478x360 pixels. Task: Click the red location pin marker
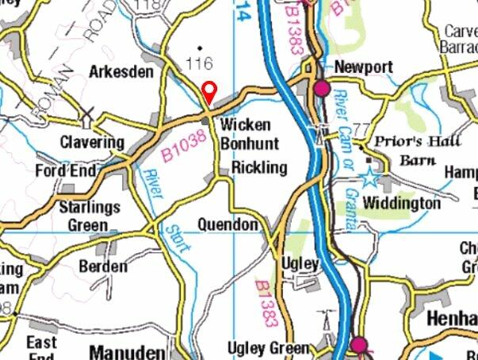point(209,92)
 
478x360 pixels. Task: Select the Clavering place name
point(93,143)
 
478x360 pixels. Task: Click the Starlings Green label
point(89,216)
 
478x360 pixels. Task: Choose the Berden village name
point(103,266)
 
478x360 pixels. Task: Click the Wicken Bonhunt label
point(246,135)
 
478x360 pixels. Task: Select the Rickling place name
point(258,167)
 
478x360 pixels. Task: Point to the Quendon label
point(228,225)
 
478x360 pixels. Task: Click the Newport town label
point(364,67)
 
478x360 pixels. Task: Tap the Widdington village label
point(401,204)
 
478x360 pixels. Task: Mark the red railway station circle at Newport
point(322,88)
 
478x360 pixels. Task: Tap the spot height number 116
point(200,62)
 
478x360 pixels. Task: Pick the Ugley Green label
point(269,348)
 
